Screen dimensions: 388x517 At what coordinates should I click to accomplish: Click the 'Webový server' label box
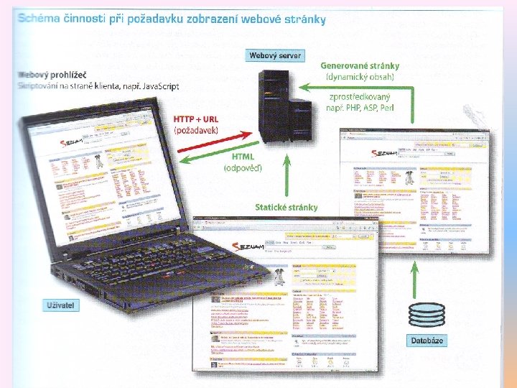point(275,55)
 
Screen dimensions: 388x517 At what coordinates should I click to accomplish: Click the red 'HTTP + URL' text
point(196,119)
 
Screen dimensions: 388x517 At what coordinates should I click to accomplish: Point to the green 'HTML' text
point(243,156)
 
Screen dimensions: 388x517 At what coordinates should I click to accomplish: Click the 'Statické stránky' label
point(287,208)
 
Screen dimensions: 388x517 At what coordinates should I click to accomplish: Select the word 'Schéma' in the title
point(40,19)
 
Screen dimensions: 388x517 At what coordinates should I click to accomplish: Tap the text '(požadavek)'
point(197,131)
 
